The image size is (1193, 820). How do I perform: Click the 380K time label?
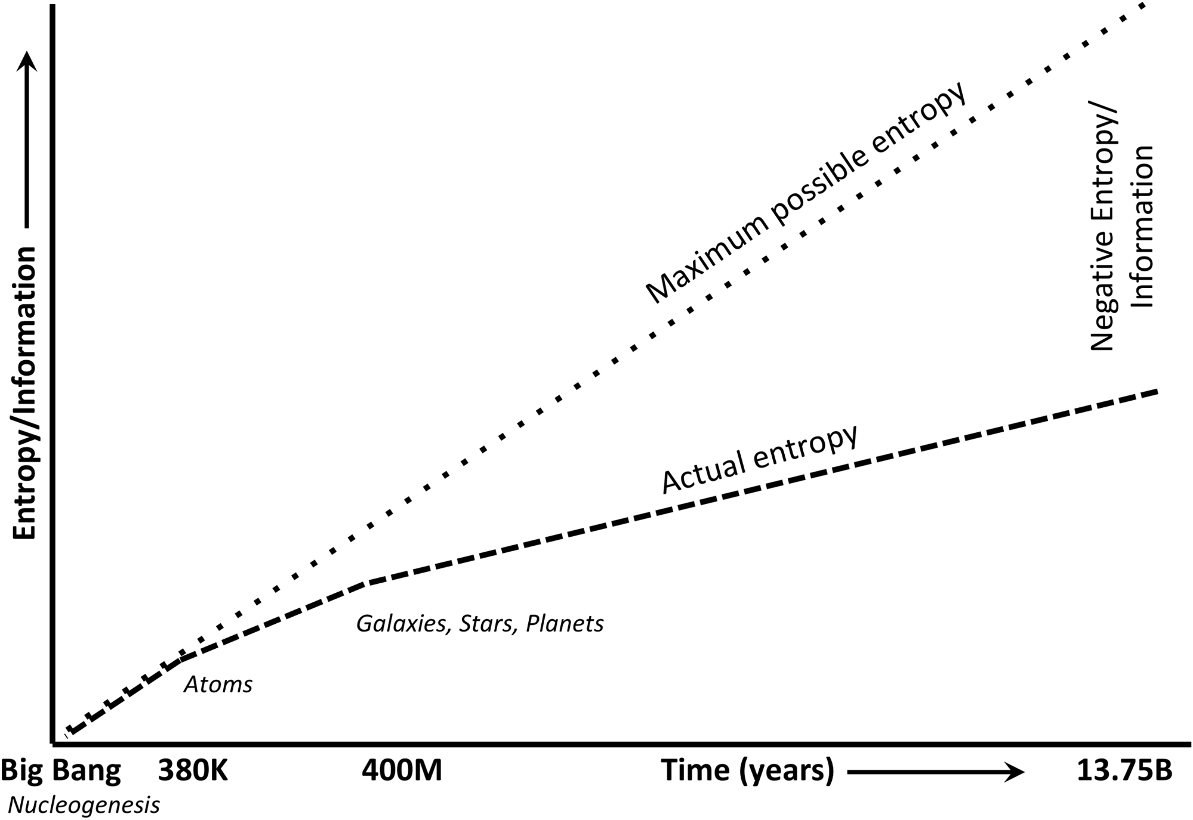(193, 771)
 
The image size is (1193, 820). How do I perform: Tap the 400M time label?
(402, 771)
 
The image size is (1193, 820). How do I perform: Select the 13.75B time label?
(1124, 771)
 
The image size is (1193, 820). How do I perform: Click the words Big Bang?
(61, 771)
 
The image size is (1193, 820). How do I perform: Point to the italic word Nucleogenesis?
(84, 806)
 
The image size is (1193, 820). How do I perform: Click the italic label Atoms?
(218, 685)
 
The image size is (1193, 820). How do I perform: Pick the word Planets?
(565, 624)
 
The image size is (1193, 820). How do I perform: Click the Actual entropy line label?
(760, 459)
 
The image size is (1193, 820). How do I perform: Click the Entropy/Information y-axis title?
(26, 394)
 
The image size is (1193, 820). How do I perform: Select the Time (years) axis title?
(747, 771)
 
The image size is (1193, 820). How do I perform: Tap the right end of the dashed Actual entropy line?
(1157, 391)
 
